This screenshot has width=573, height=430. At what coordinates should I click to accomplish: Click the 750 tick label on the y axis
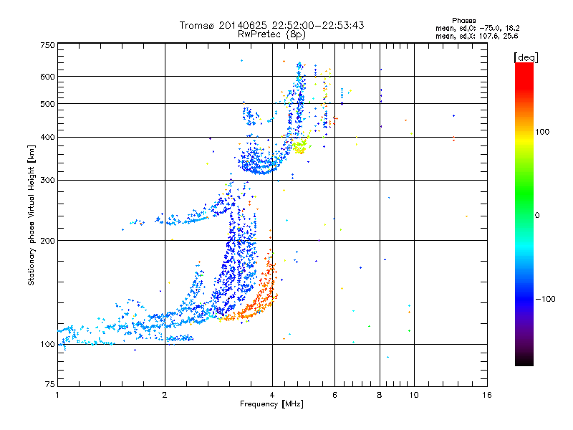point(48,45)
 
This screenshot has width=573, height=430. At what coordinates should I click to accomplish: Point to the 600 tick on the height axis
point(48,77)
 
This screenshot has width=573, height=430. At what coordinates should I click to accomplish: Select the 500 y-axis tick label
point(48,104)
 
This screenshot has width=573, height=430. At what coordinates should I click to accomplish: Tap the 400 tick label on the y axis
point(48,137)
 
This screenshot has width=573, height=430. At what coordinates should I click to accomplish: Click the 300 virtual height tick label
point(48,181)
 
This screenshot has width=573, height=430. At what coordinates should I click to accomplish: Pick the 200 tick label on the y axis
point(48,241)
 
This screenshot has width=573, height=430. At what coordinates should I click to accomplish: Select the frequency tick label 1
point(57,395)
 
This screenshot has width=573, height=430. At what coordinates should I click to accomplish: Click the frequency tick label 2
point(165,395)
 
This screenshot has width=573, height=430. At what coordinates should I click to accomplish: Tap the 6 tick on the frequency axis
point(334,395)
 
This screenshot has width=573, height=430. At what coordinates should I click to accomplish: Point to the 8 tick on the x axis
point(380,395)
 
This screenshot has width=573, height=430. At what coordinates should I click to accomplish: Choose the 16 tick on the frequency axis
point(486,395)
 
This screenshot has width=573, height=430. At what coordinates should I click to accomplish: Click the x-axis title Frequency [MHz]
point(271,405)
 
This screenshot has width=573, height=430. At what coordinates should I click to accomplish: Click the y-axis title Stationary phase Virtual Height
point(32,216)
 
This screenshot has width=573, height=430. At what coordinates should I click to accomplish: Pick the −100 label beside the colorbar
point(546,299)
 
